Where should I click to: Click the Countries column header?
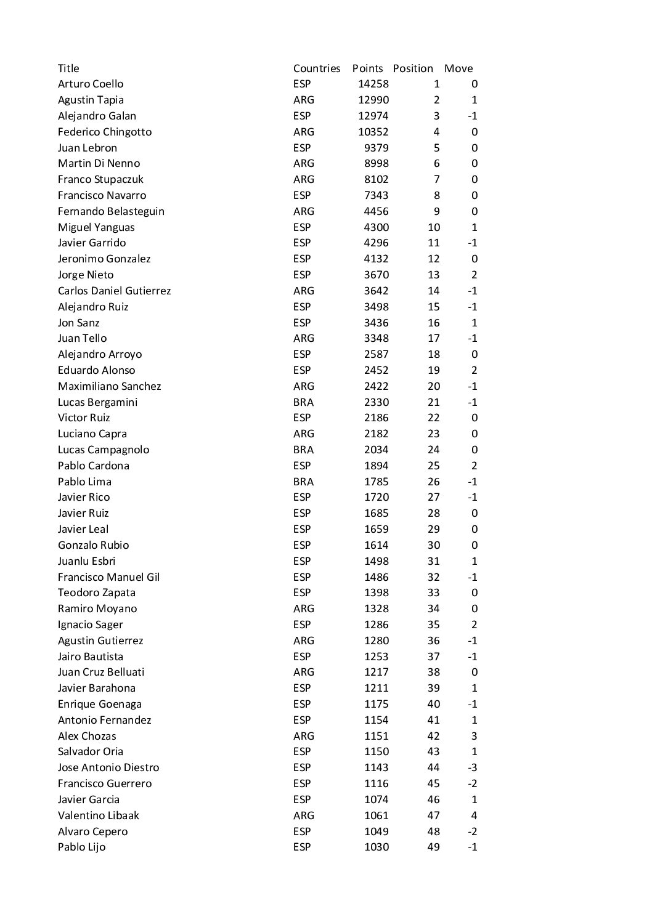pyautogui.click(x=317, y=68)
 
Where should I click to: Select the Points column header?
pyautogui.click(x=367, y=68)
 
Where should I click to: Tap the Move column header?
pyautogui.click(x=458, y=68)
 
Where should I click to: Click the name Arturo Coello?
pyautogui.click(x=91, y=84)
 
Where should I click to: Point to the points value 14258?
pyautogui.click(x=373, y=84)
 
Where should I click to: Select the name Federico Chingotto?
pyautogui.click(x=105, y=132)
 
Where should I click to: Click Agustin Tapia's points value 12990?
pyautogui.click(x=373, y=100)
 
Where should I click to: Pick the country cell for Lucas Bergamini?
pyautogui.click(x=303, y=402)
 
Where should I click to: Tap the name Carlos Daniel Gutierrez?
pyautogui.click(x=114, y=291)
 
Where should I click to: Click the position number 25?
pyautogui.click(x=434, y=466)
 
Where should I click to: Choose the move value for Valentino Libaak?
pyautogui.click(x=474, y=815)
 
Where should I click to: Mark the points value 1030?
pyautogui.click(x=376, y=847)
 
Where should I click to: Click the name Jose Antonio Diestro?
pyautogui.click(x=108, y=767)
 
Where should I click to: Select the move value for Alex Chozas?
pyautogui.click(x=474, y=736)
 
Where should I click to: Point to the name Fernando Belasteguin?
pyautogui.click(x=111, y=211)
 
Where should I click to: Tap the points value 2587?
pyautogui.click(x=376, y=354)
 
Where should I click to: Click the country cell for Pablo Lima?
pyautogui.click(x=303, y=482)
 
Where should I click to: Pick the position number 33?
pyautogui.click(x=434, y=592)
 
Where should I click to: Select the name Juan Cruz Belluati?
pyautogui.click(x=101, y=672)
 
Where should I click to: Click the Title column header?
pyautogui.click(x=68, y=68)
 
